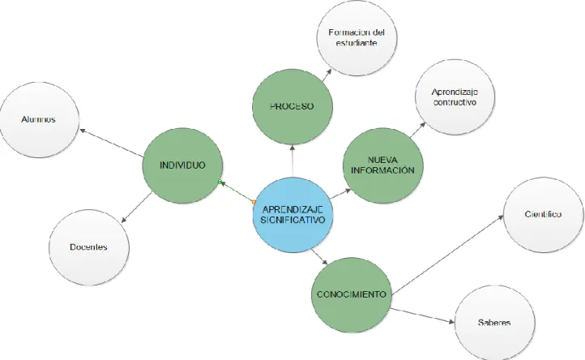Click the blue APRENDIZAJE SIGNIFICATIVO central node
click(292, 215)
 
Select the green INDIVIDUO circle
click(182, 165)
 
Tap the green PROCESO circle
click(292, 106)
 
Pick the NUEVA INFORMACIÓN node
click(382, 165)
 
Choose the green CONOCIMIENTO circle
click(352, 294)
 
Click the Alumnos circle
click(39, 119)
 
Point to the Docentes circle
click(89, 247)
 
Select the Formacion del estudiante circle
click(357, 38)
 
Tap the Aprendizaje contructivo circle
click(455, 96)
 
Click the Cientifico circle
click(543, 215)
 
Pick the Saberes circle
click(494, 323)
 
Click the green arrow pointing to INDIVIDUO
click(237, 191)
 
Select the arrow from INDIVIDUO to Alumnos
click(111, 143)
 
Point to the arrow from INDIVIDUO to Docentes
click(137, 208)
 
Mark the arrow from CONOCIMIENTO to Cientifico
click(448, 255)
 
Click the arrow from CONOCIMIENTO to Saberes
click(422, 315)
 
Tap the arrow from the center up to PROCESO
click(292, 161)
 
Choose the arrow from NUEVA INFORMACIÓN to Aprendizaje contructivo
click(417, 130)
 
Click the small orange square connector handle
click(254, 202)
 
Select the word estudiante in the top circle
click(357, 43)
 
